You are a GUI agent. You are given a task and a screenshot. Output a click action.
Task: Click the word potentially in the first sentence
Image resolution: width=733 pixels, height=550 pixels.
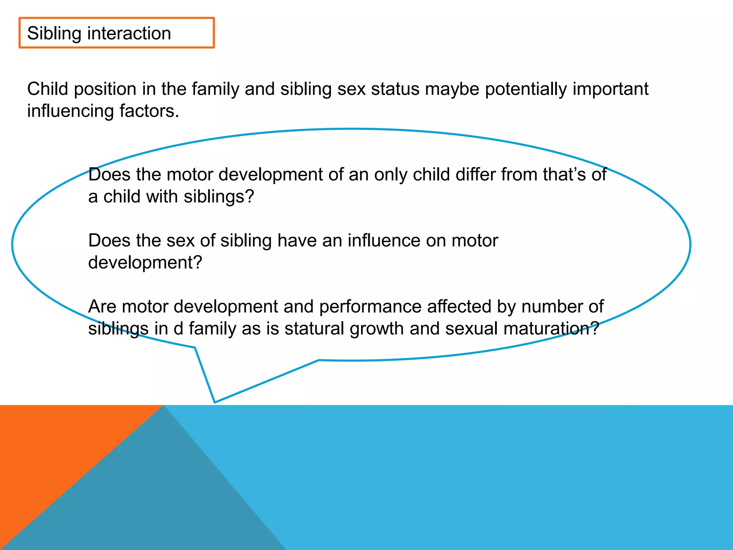tap(526, 89)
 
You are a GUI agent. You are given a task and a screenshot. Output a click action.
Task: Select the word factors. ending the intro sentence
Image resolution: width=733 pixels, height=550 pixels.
tap(149, 111)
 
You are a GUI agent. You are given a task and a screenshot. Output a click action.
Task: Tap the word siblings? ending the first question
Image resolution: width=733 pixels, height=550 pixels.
tap(219, 197)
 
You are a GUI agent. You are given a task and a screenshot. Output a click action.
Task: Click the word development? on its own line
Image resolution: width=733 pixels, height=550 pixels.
tap(145, 263)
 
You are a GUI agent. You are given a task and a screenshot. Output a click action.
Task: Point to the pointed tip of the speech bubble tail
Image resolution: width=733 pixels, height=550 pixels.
tap(215, 402)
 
